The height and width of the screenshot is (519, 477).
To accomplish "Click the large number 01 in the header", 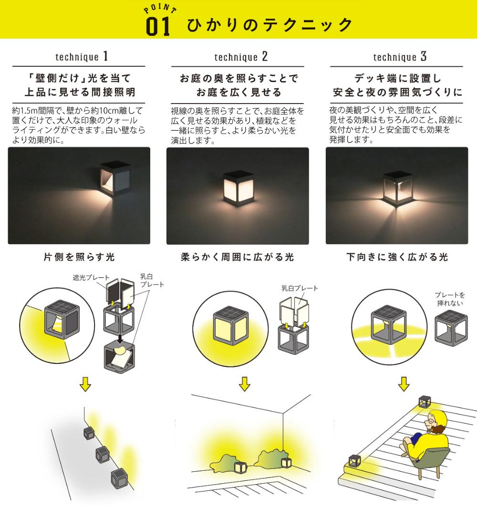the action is tap(158, 27).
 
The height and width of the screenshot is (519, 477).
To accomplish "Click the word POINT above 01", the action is tap(160, 9).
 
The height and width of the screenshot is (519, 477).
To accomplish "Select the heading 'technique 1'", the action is tap(82, 57).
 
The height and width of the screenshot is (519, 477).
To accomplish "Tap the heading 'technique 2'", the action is tap(241, 57).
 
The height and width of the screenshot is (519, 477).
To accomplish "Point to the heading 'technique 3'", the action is tap(400, 57).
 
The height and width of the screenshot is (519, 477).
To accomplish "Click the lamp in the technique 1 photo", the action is tap(115, 179).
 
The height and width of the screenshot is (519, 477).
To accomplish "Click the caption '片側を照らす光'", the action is tap(79, 257).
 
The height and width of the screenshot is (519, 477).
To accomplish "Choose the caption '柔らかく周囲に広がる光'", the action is tap(238, 257).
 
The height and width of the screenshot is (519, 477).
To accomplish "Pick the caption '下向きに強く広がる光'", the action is tap(397, 257).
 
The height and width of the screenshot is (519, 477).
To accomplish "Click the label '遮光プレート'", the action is tap(91, 277).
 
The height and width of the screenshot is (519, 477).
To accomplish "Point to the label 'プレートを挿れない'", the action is tap(450, 299).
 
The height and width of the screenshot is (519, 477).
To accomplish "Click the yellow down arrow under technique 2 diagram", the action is tap(245, 384).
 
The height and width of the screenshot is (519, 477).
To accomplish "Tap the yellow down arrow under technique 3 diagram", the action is tap(404, 384).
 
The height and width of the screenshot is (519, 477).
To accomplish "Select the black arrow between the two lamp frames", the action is tap(120, 339).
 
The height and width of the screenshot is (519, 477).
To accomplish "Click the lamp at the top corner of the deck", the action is tap(424, 401).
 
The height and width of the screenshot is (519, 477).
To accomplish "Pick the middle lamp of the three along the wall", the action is tap(103, 454).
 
